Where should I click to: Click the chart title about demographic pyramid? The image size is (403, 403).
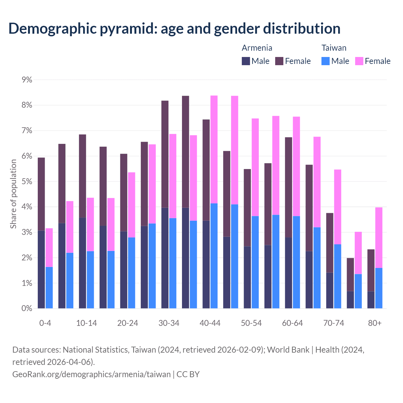click(174, 29)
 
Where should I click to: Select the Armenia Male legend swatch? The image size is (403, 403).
click(246, 61)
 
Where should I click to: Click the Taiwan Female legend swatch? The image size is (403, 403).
click(359, 61)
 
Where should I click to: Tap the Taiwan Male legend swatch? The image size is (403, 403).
click(326, 61)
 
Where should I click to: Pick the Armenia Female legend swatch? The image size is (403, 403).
click(280, 61)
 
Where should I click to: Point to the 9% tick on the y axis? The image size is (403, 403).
click(27, 80)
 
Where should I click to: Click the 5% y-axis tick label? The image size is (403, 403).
click(27, 181)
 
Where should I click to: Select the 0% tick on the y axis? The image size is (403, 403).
click(27, 309)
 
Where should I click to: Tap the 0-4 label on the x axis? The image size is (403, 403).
click(45, 323)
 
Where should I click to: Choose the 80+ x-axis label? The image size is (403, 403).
click(375, 323)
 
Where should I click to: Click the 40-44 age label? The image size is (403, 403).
click(210, 323)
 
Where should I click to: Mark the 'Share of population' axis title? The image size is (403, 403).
click(13, 194)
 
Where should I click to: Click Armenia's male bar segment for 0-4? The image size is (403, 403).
click(41, 269)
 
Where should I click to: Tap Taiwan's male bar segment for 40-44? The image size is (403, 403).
click(214, 256)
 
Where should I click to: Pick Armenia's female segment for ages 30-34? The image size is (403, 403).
click(165, 154)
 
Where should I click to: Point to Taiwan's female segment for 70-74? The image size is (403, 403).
click(338, 207)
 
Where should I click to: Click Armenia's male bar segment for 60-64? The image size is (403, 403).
click(288, 273)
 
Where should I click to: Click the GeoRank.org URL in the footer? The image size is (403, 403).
click(91, 374)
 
